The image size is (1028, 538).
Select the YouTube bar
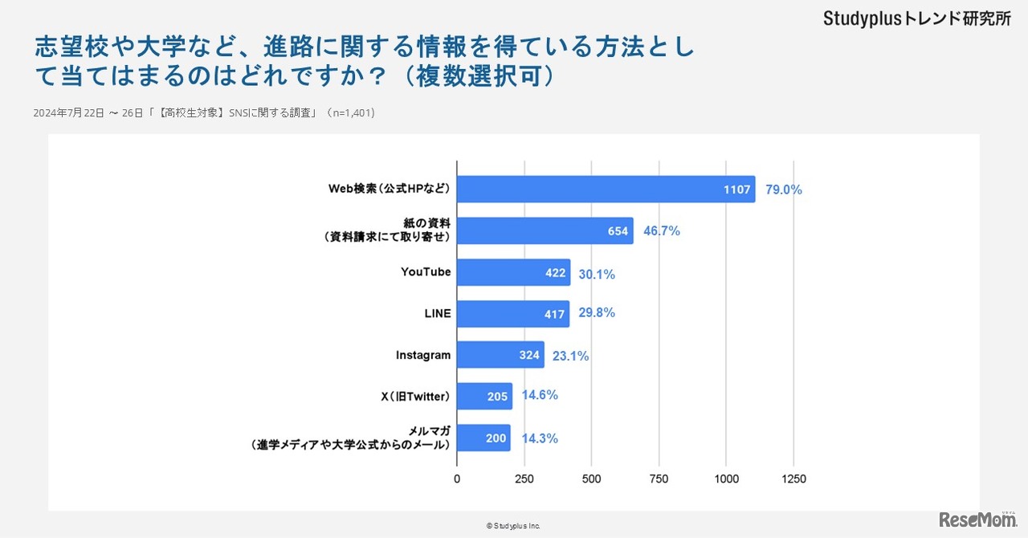point(513,273)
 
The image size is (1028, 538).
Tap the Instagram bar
point(500,355)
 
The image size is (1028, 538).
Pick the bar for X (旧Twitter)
point(484,396)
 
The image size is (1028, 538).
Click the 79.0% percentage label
point(784,190)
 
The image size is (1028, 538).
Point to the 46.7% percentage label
point(661,231)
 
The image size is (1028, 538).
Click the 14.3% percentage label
point(540,438)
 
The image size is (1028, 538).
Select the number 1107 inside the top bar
point(736,190)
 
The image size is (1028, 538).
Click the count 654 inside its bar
point(618,231)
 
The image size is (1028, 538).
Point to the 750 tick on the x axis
point(659,479)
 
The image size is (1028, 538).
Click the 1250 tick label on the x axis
point(793,479)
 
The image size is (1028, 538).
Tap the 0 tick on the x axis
point(457,479)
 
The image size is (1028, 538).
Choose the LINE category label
point(438,313)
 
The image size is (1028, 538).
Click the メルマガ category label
point(428,430)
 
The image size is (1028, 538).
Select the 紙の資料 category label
point(425,222)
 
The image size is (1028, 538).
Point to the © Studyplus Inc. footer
point(513,526)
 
